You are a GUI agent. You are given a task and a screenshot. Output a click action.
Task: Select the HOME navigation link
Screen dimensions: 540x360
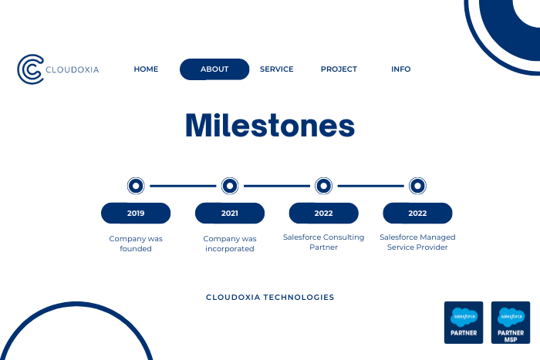146,69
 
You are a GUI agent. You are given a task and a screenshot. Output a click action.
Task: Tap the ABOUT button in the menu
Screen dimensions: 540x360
214,69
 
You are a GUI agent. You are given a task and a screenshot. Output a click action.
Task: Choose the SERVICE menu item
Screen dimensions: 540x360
276,69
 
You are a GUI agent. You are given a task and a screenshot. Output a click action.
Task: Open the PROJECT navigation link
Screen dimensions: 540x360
339,69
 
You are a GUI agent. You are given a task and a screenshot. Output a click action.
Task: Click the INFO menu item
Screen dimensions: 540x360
401,69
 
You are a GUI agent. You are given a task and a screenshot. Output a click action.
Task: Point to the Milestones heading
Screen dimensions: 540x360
270,126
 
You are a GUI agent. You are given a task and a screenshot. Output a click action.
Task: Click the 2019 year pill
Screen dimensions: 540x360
136,213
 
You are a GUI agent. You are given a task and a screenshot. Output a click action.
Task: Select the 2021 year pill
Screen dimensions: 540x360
230,213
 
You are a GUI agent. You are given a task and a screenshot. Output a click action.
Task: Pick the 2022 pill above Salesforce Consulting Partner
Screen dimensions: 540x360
324,213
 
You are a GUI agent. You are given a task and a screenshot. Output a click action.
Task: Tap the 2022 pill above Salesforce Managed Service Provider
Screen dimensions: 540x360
417,213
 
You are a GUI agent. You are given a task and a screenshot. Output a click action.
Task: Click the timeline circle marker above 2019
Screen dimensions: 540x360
136,186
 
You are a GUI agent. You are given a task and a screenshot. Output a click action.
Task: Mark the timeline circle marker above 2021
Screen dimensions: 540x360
230,186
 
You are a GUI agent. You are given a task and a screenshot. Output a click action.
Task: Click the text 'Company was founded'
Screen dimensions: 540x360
136,244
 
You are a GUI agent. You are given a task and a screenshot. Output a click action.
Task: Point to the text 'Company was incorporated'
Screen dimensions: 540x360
230,244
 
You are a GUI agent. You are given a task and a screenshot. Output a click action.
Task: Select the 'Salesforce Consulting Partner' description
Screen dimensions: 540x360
324,242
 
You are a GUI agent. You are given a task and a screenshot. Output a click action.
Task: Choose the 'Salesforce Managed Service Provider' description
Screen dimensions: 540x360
417,242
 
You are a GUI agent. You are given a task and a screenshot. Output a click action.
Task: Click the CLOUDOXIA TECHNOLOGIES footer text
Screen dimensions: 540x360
270,298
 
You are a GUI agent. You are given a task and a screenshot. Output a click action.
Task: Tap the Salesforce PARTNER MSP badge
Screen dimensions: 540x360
511,322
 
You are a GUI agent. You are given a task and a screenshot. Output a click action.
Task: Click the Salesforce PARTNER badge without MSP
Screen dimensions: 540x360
464,322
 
